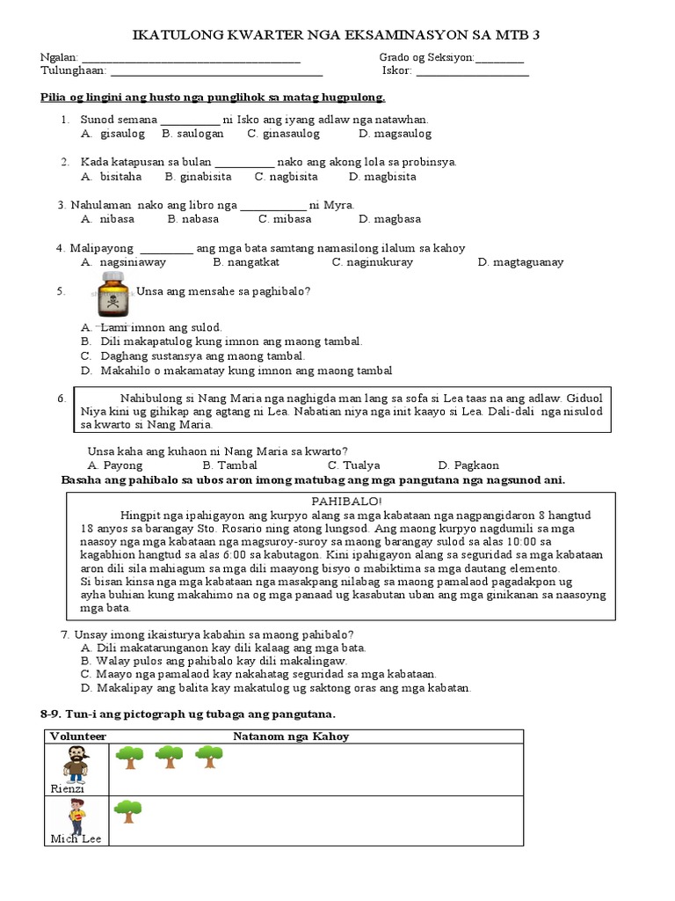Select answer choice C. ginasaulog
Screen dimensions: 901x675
[x=283, y=134]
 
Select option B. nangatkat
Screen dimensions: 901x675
[x=246, y=262]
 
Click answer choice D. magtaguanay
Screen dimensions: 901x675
[x=520, y=262]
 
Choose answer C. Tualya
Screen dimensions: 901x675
[x=353, y=465]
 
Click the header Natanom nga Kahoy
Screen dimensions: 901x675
[x=290, y=736]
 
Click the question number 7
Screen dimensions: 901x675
[x=64, y=634]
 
